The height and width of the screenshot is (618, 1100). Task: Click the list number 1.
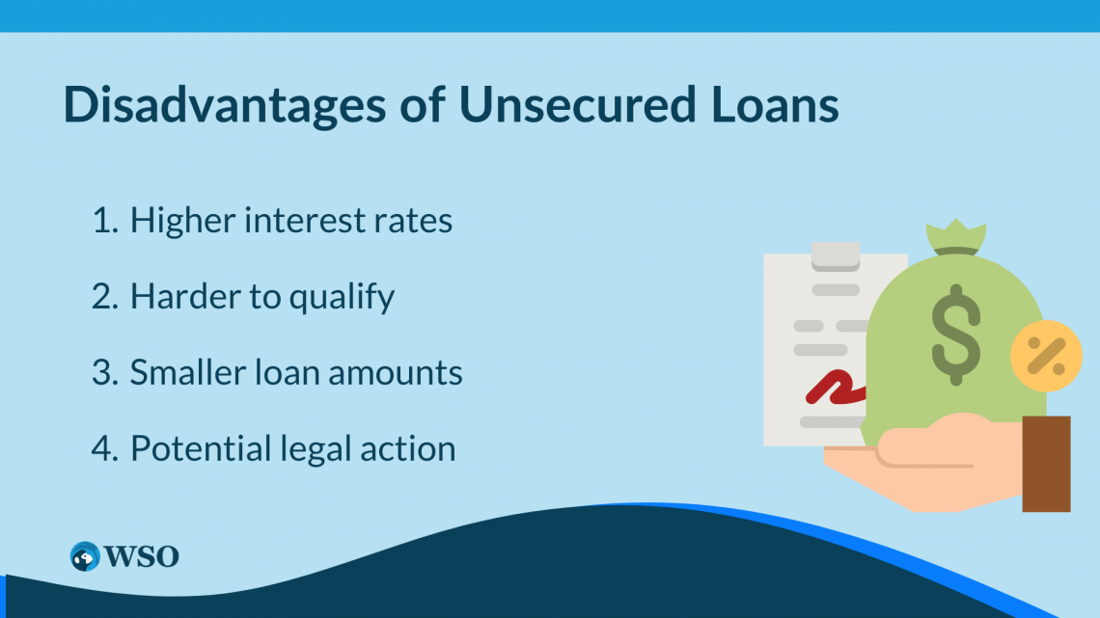pos(102,221)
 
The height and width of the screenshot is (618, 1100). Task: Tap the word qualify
pos(343,298)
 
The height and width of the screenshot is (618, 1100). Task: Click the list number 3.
pos(103,373)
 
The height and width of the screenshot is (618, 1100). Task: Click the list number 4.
pos(103,449)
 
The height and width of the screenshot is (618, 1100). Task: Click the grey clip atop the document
pos(835,255)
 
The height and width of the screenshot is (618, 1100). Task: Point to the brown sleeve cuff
pos(1046,464)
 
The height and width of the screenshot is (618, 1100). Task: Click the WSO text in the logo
pos(142,556)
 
